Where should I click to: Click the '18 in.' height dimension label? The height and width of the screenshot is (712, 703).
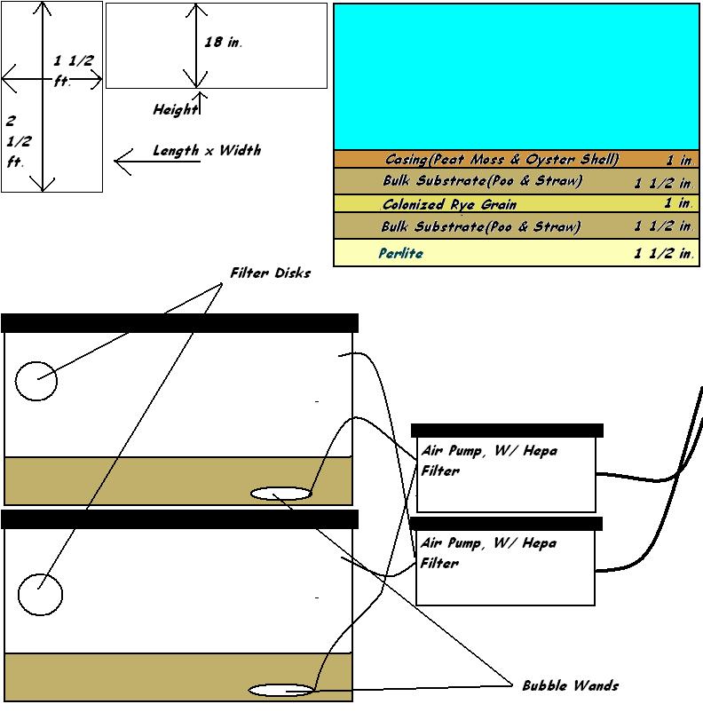(x=223, y=43)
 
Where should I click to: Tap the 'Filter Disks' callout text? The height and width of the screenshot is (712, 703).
(x=271, y=273)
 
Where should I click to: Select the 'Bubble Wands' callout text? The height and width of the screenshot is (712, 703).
(x=571, y=685)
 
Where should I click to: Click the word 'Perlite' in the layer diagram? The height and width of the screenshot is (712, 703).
(x=401, y=253)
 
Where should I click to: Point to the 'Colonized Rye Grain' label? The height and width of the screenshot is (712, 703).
(x=450, y=204)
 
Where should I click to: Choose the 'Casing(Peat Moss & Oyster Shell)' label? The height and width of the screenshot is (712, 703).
(x=502, y=160)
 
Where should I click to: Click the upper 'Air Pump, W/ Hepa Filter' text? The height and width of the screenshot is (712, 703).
(x=489, y=461)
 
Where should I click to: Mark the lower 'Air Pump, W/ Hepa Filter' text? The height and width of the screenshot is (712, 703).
(x=488, y=552)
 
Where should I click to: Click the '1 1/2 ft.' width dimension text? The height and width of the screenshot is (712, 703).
(x=74, y=70)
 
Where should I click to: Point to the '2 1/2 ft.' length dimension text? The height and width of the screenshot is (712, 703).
(x=19, y=141)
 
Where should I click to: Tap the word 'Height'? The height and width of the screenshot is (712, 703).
(x=175, y=109)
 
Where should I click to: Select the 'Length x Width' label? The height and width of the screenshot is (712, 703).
(x=207, y=150)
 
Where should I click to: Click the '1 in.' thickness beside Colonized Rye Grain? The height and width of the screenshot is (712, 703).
(x=679, y=203)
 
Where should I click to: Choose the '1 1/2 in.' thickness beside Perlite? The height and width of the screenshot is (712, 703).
(x=664, y=253)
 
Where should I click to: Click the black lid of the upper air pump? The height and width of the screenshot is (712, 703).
(x=507, y=431)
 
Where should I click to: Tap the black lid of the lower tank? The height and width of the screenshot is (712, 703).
(x=180, y=519)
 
